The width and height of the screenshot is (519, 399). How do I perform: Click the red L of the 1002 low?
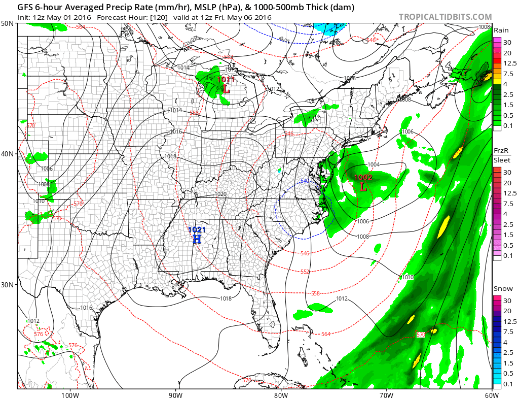pos(363,186)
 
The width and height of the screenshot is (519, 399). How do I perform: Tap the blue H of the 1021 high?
pos(197,239)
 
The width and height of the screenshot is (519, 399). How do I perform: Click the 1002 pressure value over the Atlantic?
pos(363,177)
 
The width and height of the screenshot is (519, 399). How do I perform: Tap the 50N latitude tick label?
pos(8,24)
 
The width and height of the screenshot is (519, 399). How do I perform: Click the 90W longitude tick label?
pos(175,394)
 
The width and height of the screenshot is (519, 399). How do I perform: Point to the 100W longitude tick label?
pos(69,394)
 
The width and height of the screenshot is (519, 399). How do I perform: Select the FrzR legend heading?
pos(501,152)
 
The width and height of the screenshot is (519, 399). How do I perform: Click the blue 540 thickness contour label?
pos(305,181)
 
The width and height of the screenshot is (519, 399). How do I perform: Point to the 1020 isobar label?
pos(220,194)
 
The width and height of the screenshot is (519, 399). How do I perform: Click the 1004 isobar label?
pos(374,164)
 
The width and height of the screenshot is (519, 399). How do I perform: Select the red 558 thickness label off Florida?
pos(315,293)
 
